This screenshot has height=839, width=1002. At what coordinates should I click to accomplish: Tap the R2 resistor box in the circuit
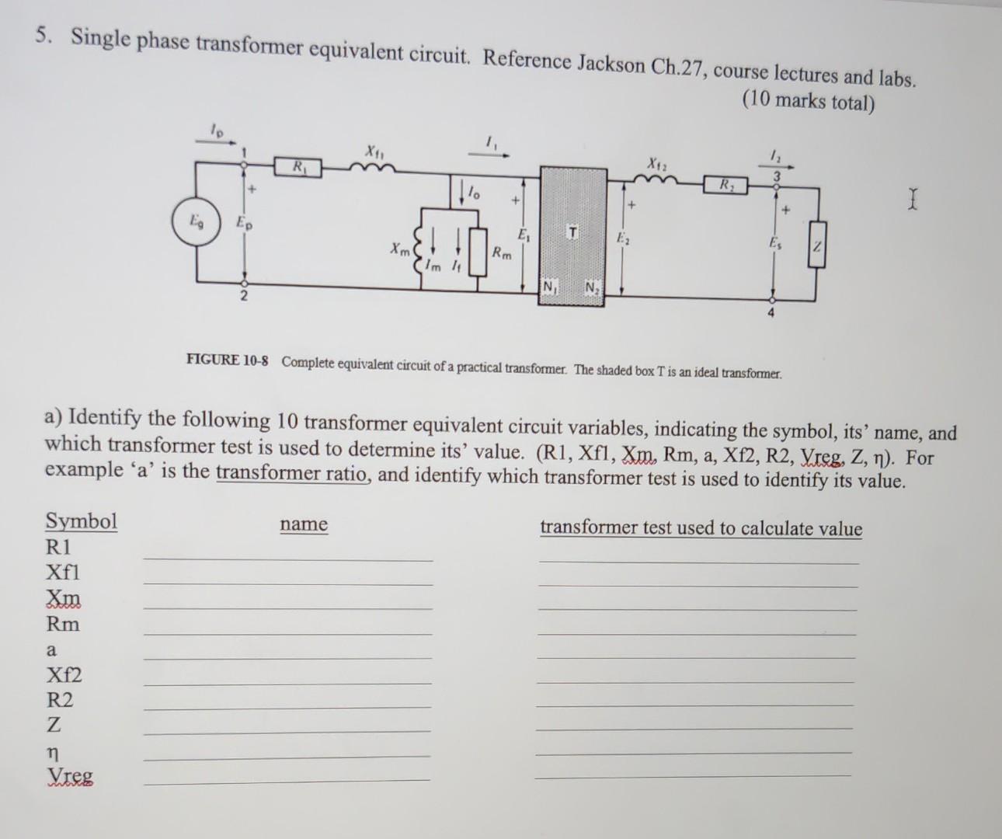pos(725,186)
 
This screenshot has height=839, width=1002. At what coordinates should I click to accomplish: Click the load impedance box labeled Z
pos(816,245)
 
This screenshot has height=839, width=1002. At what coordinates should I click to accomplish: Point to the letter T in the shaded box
pos(572,233)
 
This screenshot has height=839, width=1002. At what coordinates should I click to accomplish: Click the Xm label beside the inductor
pos(400,250)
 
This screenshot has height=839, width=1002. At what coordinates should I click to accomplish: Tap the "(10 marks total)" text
pos(809,102)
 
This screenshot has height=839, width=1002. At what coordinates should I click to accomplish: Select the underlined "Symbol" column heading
pos(82,520)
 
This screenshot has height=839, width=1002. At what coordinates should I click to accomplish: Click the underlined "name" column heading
pos(304,524)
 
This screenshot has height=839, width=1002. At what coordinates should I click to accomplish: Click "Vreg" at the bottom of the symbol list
pos(69,776)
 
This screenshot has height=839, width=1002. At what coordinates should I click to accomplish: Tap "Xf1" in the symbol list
pos(63,573)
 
